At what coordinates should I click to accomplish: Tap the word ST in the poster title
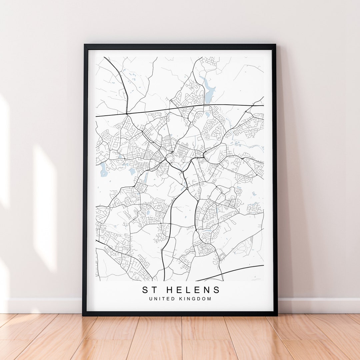click(x=150, y=290)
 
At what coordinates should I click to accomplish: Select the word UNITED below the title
click(x=161, y=299)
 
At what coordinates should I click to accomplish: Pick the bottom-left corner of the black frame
click(x=83, y=315)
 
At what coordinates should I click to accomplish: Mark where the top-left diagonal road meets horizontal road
click(x=127, y=114)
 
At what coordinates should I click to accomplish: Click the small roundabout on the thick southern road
click(x=162, y=250)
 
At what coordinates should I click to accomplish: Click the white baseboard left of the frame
click(x=43, y=305)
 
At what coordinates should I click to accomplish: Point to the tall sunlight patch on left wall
click(x=45, y=207)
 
